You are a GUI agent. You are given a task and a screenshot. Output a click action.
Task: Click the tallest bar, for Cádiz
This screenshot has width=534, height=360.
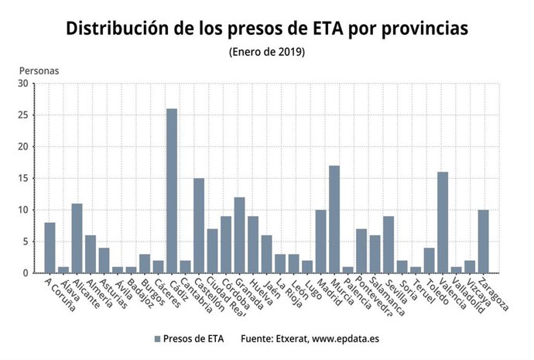172,190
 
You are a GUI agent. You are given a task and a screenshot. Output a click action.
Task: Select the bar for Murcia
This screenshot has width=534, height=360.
334,219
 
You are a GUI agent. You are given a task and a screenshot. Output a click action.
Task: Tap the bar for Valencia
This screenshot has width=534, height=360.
443,222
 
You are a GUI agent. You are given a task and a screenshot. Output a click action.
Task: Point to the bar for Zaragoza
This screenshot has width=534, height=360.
483,242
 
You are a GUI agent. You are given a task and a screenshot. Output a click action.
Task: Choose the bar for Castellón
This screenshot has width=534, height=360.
199,225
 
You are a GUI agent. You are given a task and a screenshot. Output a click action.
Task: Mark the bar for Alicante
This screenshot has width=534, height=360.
77,238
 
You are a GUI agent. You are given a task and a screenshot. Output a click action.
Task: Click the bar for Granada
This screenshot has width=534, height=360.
239,235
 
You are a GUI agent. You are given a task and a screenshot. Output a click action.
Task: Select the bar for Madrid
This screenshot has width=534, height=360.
320,242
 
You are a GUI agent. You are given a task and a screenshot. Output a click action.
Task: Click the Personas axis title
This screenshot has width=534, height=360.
39,70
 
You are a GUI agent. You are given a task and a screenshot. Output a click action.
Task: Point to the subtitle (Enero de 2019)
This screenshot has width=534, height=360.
267,52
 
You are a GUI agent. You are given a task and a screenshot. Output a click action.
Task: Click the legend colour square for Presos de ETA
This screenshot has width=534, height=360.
158,339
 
